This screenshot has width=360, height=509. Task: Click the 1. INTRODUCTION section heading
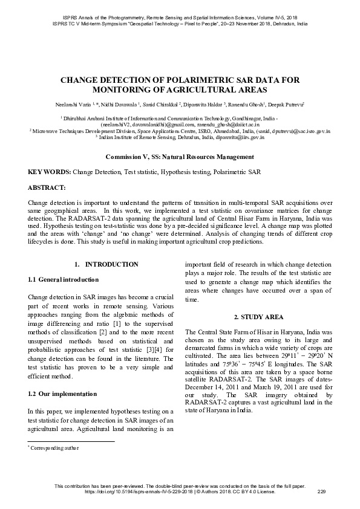pyautogui.click(x=106, y=265)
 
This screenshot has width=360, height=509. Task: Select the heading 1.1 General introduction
pyautogui.click(x=63, y=280)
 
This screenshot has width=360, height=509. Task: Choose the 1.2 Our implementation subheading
pyautogui.click(x=62, y=394)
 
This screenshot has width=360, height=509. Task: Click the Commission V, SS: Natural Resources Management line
pyautogui.click(x=180, y=157)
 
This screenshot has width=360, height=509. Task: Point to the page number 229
pyautogui.click(x=321, y=491)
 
